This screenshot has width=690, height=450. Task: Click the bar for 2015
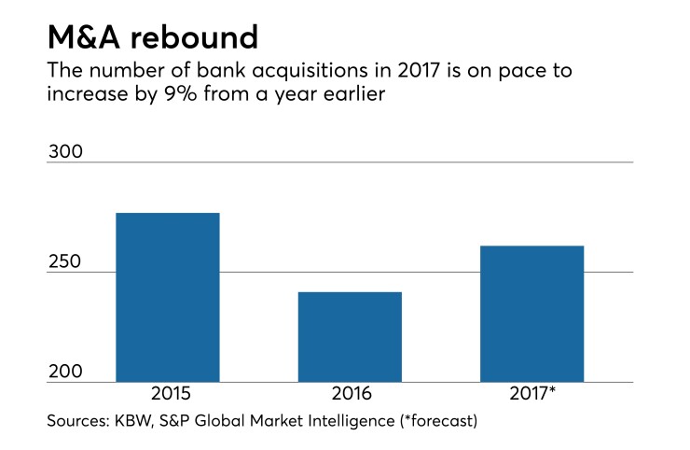(x=167, y=297)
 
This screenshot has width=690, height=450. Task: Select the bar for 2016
(x=350, y=336)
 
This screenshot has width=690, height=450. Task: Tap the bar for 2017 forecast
(x=531, y=314)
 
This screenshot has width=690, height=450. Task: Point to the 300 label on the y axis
(x=66, y=151)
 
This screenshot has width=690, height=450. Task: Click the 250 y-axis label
(x=66, y=261)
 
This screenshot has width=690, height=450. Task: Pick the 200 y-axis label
(x=66, y=372)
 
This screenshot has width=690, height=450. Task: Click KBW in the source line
(x=136, y=421)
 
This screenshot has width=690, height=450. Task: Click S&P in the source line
(x=179, y=421)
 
